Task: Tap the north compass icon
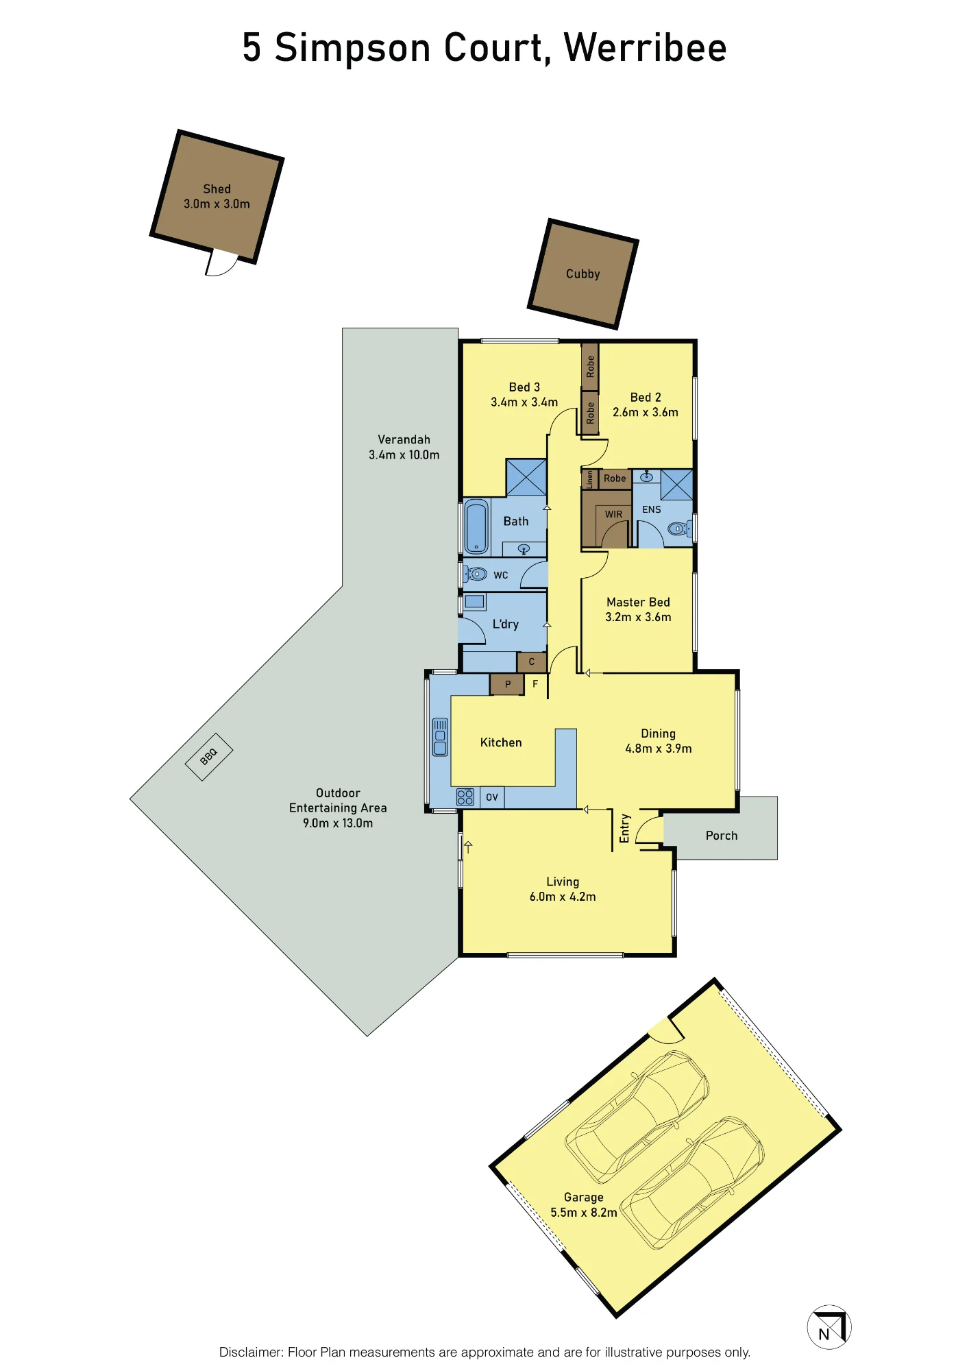coord(829,1326)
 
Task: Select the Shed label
coord(217,189)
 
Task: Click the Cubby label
coord(583,274)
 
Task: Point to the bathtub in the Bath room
coord(476,526)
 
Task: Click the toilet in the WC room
coord(476,573)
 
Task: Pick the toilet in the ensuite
coord(678,528)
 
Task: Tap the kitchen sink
coord(440,737)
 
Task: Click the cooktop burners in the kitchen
coord(465,797)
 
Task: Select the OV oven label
coord(492,797)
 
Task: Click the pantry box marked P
coord(507,684)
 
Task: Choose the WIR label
coord(613,514)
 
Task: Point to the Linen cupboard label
coord(589,478)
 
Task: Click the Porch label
coord(722,836)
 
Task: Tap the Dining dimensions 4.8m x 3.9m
coord(659,749)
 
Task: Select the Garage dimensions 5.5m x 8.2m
coord(584,1212)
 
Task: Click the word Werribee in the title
coord(645,48)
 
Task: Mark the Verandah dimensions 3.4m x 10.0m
coord(404,454)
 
